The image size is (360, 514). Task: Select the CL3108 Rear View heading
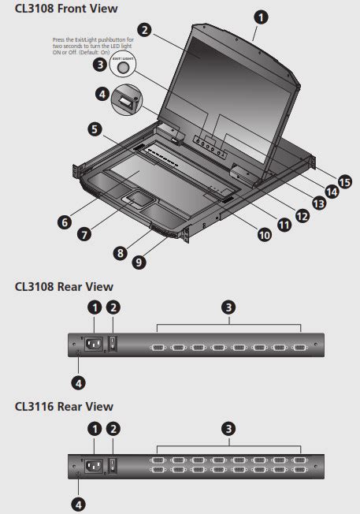coord(64,287)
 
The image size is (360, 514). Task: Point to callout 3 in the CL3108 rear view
coord(228,307)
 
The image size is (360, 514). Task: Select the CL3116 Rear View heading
coord(64,406)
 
